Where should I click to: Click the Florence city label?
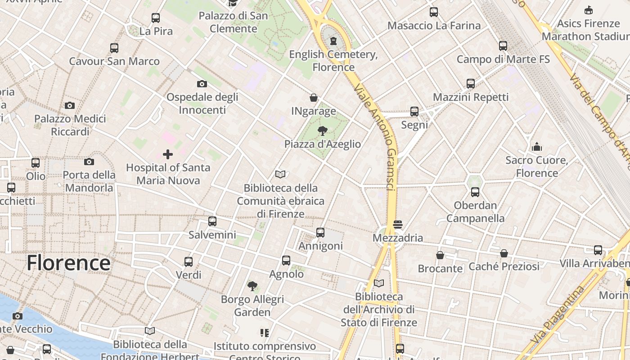point(68,263)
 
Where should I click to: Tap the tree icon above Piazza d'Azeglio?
point(322,131)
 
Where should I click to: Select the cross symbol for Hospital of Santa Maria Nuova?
point(168,154)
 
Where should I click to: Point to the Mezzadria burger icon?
point(397,224)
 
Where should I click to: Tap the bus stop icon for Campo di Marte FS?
point(503,46)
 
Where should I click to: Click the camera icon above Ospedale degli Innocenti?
point(202,84)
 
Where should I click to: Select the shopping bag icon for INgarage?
point(314,98)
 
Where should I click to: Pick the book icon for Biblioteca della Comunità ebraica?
point(280,174)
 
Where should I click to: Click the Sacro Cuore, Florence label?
point(536,166)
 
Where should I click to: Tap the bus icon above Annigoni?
point(320,232)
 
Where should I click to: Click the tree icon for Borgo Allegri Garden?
point(252,286)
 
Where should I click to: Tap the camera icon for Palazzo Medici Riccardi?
point(70,105)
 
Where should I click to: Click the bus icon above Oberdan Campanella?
point(475,192)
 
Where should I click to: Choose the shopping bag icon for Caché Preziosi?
point(504,253)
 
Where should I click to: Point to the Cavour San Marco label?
point(114,61)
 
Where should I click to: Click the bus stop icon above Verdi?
point(189,261)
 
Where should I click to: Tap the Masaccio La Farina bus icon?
point(434,12)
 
